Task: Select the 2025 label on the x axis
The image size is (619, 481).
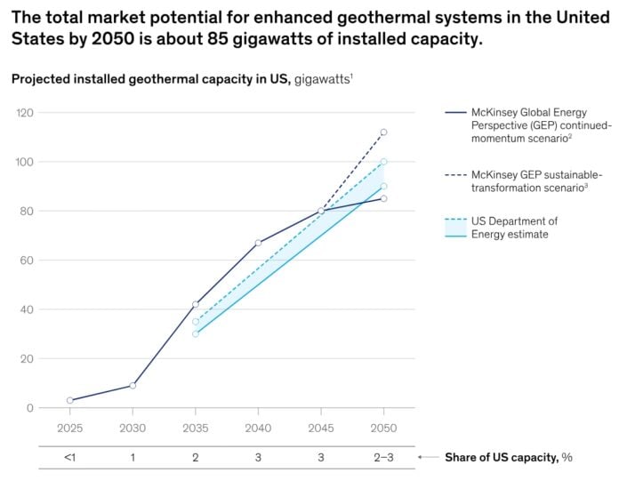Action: click(69, 428)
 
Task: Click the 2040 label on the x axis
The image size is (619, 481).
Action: click(258, 428)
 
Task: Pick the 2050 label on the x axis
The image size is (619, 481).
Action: click(383, 428)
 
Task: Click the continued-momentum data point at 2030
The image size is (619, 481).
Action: click(133, 386)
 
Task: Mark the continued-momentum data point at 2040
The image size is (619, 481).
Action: click(258, 243)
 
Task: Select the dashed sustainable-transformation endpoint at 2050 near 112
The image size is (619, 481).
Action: click(383, 132)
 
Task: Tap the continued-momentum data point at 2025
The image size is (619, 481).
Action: click(69, 401)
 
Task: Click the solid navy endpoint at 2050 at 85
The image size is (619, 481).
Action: click(383, 198)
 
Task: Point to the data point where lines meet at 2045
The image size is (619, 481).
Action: click(321, 211)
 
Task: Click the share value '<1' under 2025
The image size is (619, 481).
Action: click(69, 457)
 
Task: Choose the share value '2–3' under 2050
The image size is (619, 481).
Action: click(383, 457)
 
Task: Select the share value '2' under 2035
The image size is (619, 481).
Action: click(195, 457)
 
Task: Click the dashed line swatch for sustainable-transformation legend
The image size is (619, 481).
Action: click(455, 175)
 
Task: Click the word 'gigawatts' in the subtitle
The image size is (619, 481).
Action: click(323, 79)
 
